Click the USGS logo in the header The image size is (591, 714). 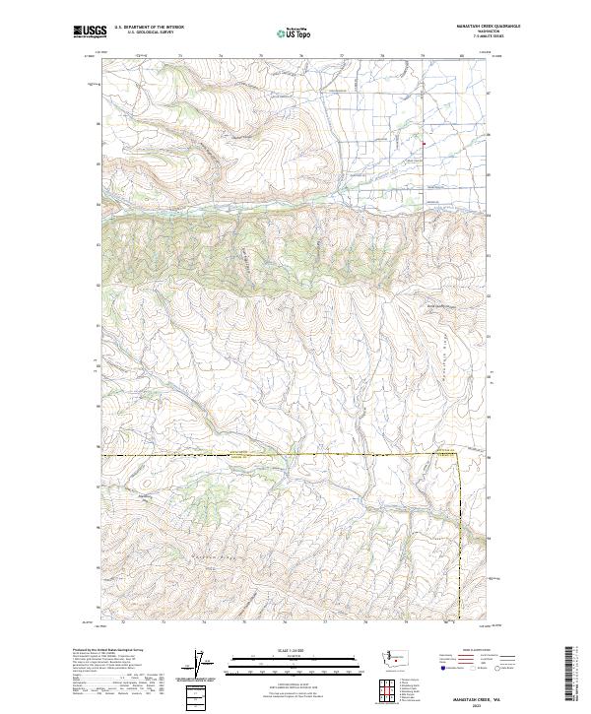tap(90, 32)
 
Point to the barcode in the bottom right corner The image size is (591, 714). tap(573, 675)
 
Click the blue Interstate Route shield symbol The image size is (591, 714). tap(442, 667)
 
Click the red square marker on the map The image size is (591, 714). tap(424, 145)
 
